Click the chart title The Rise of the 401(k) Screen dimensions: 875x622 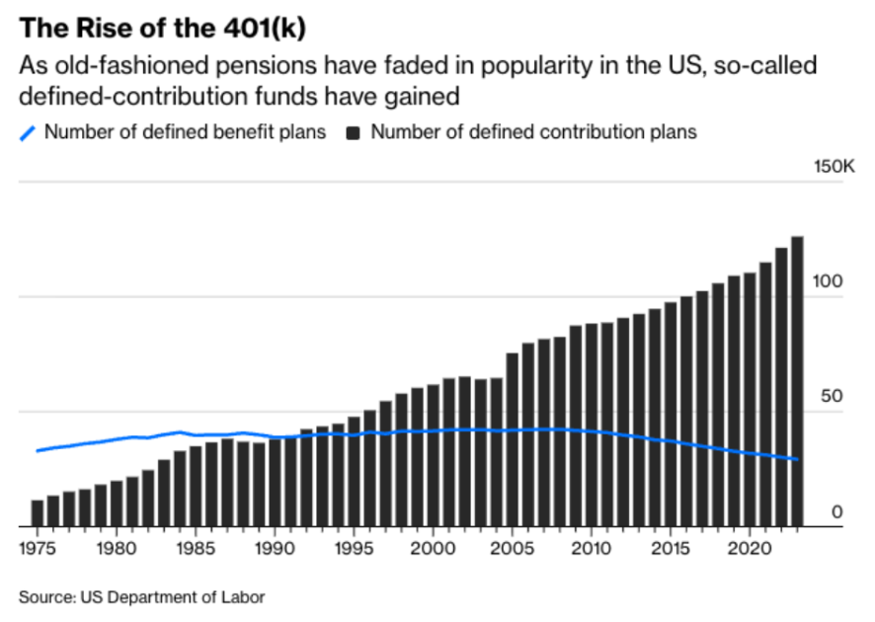coord(162,28)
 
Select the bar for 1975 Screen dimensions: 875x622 coord(38,513)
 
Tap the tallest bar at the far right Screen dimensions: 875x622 coord(797,381)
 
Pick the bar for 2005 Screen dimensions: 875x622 coord(513,439)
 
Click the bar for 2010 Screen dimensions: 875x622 coord(592,426)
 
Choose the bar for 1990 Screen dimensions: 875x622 coord(275,483)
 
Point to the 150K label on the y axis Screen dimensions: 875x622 coord(834,166)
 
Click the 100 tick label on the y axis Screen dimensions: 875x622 coord(828,281)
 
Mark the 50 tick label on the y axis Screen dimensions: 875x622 coord(832,396)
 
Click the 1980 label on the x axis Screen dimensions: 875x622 coord(117,548)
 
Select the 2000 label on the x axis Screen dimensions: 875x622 coord(433,548)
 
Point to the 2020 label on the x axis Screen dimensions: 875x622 coord(750,548)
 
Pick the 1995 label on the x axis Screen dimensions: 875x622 coord(354,548)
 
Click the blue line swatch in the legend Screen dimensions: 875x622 coord(28,133)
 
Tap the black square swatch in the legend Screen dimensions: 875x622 coord(353,133)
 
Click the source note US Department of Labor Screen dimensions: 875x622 coord(173,597)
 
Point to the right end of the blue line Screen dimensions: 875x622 coord(798,460)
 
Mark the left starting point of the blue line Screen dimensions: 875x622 coord(37,451)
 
